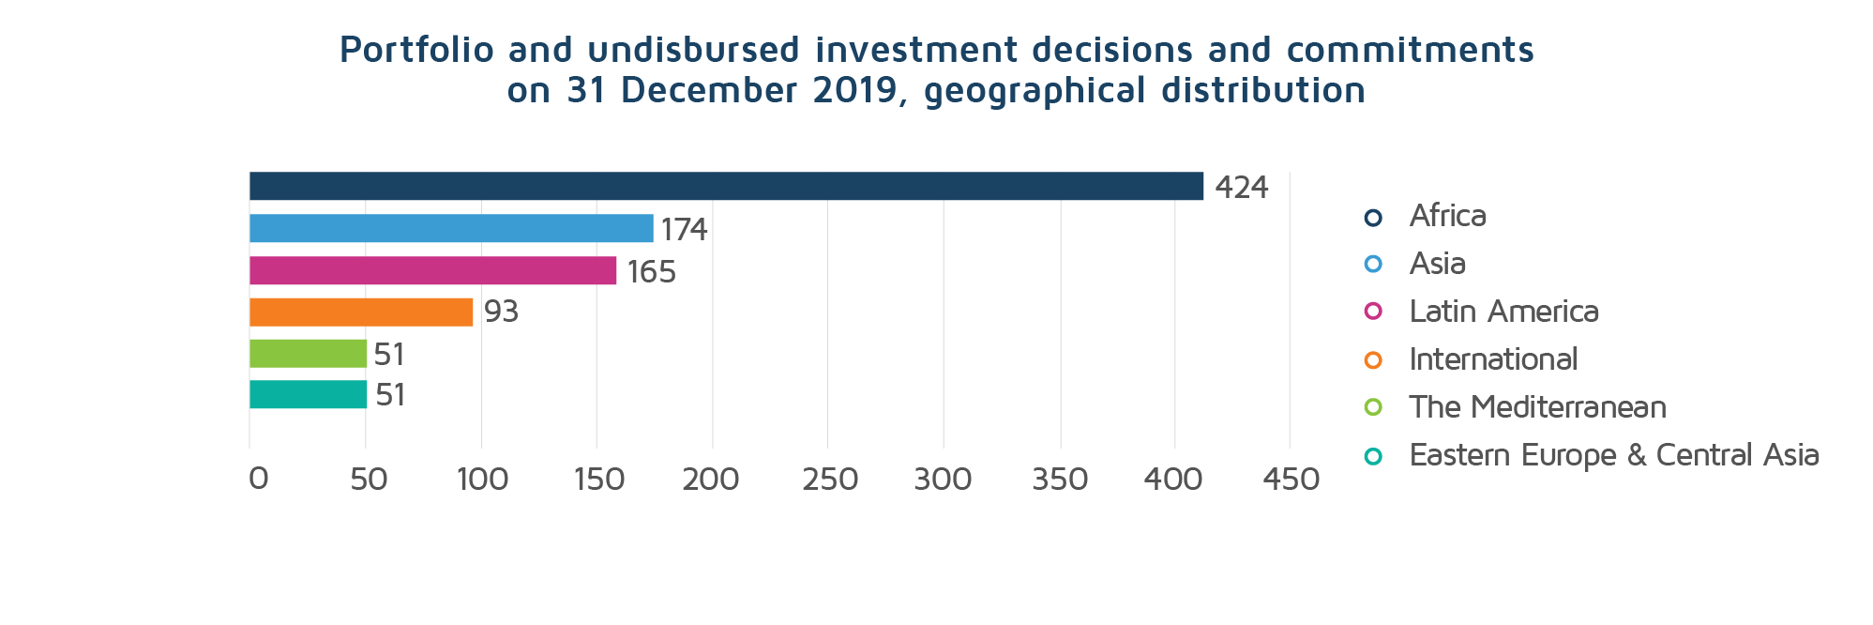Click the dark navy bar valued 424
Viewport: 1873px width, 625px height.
pyautogui.click(x=725, y=186)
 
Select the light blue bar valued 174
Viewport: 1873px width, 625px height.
pyautogui.click(x=450, y=228)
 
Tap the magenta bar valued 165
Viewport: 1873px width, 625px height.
pyautogui.click(x=432, y=270)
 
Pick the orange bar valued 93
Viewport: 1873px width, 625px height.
pyautogui.click(x=360, y=312)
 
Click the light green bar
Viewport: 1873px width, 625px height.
pyautogui.click(x=308, y=354)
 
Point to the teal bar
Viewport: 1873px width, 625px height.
pyautogui.click(x=308, y=394)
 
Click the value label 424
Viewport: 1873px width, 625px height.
pyautogui.click(x=1241, y=188)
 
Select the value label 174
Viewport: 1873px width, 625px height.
pyautogui.click(x=684, y=230)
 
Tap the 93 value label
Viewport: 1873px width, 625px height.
pyautogui.click(x=501, y=312)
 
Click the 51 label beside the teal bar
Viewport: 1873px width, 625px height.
pyautogui.click(x=390, y=395)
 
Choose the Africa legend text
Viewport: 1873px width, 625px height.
pyautogui.click(x=1447, y=216)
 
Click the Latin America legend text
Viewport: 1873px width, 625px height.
pyautogui.click(x=1503, y=312)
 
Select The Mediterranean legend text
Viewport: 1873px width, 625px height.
pyautogui.click(x=1537, y=407)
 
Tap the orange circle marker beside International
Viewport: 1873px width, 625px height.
pyautogui.click(x=1373, y=359)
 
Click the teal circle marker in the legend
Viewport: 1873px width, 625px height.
pyautogui.click(x=1373, y=456)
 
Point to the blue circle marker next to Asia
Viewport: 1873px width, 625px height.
pyautogui.click(x=1373, y=264)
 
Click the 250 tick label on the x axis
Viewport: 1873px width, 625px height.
pyautogui.click(x=829, y=480)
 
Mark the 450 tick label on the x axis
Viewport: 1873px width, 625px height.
pyautogui.click(x=1291, y=480)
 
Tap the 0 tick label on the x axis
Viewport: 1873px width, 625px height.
pyautogui.click(x=258, y=480)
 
